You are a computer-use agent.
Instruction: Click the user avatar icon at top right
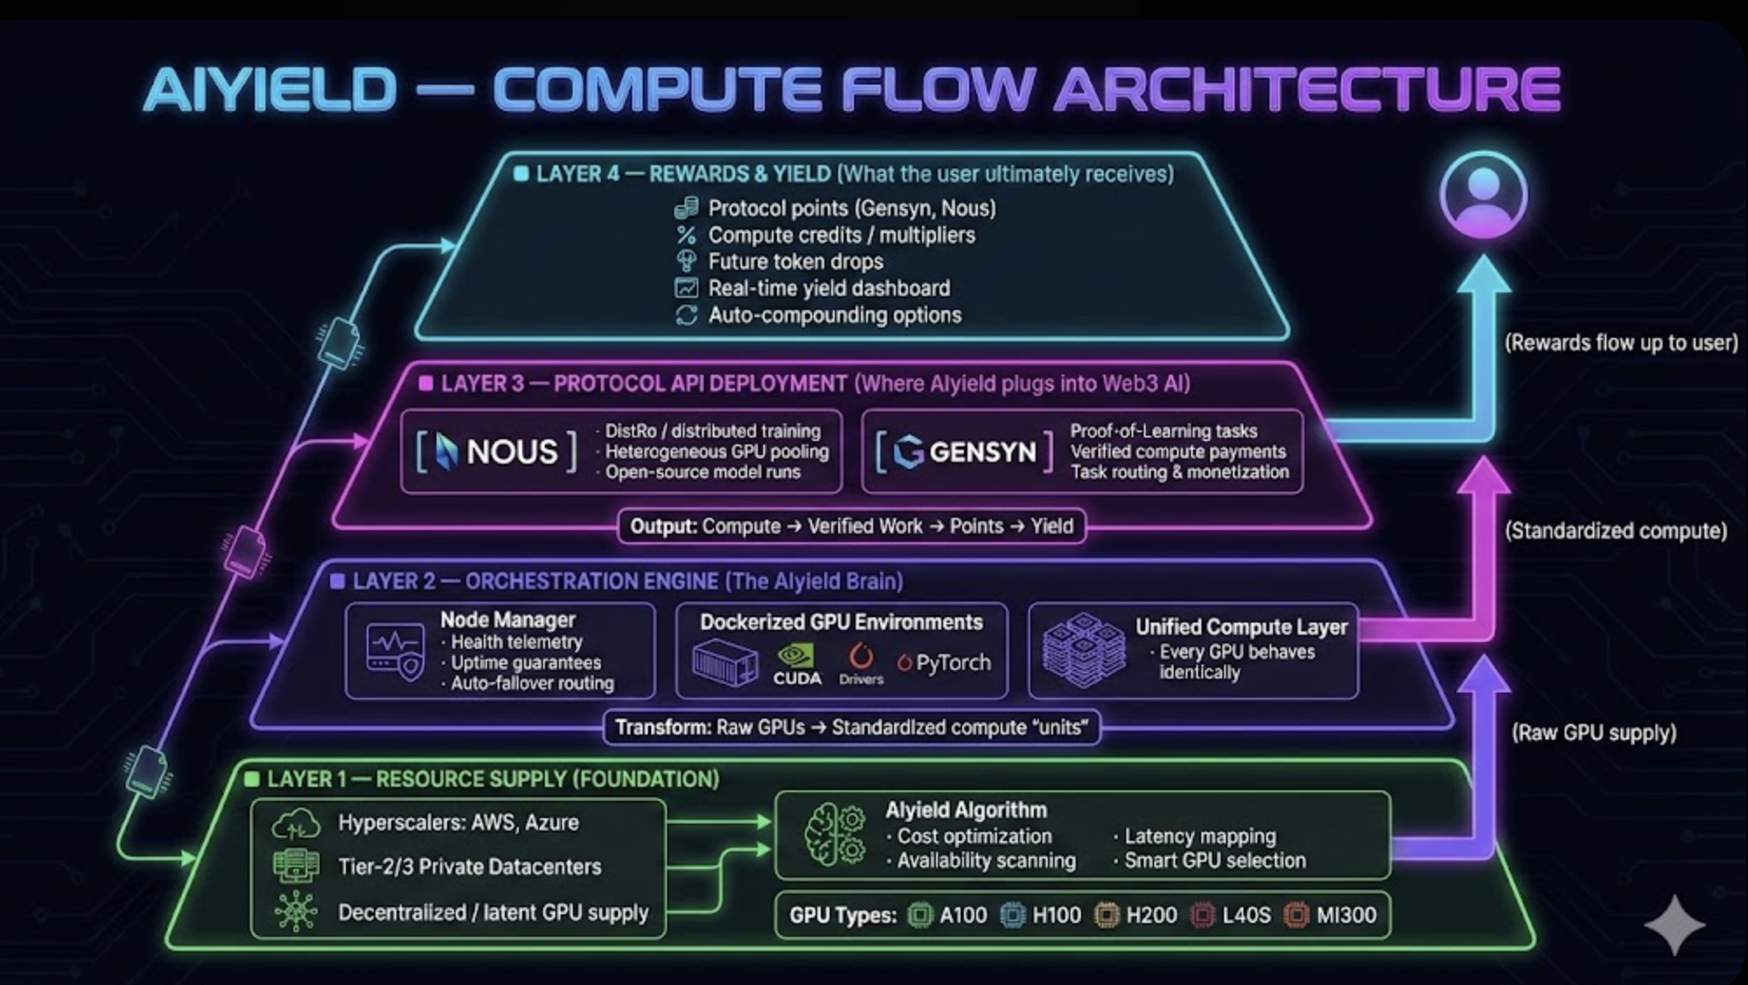tap(1483, 194)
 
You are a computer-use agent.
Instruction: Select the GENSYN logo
tap(965, 451)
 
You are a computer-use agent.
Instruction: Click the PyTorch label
tap(945, 663)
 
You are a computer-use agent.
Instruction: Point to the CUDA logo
tap(796, 665)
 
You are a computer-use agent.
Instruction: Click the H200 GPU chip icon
tap(1106, 915)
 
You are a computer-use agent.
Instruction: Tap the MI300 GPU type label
tap(1345, 915)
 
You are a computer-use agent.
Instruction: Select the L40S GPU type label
tap(1246, 915)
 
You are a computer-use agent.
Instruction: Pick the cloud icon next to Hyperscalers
tap(296, 823)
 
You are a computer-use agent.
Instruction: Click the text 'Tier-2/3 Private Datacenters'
tap(470, 866)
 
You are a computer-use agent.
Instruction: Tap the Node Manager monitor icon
tap(395, 651)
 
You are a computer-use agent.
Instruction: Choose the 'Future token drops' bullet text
tap(795, 262)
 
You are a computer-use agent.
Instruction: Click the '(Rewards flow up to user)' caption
tap(1621, 342)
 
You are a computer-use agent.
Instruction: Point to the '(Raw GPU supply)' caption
tap(1593, 732)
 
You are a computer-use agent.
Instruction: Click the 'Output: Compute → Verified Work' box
tap(851, 527)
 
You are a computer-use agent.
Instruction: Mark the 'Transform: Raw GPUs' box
tap(851, 727)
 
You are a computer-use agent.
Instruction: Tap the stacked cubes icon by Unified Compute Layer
tap(1084, 651)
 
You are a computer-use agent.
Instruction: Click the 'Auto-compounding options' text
tap(835, 315)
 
